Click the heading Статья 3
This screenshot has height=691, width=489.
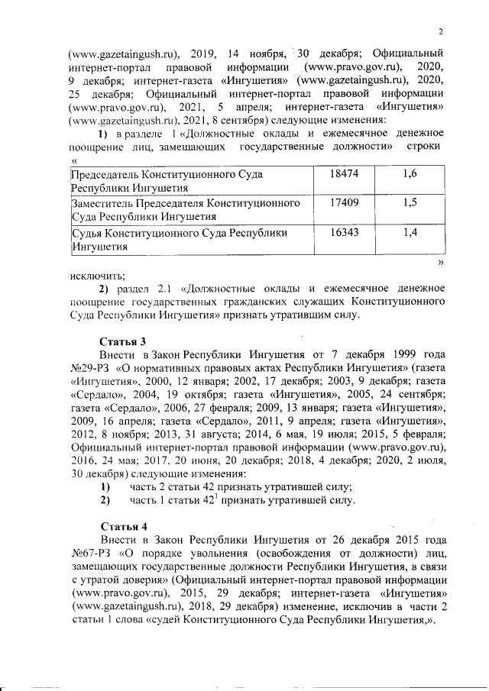(x=122, y=341)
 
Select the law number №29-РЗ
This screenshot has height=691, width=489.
(x=88, y=368)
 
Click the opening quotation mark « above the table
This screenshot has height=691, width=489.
(x=73, y=160)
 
